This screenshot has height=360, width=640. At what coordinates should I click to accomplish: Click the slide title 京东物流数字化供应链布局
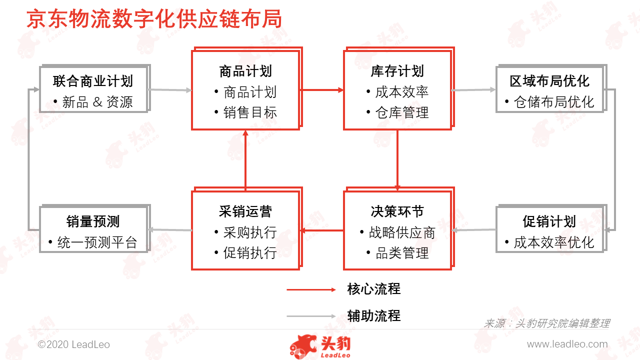[x=154, y=19]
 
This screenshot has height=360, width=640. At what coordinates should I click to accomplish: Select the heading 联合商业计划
[x=93, y=81]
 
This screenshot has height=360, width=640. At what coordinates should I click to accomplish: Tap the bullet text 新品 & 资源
[x=97, y=102]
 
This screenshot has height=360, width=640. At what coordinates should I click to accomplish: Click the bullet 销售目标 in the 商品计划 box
[x=250, y=112]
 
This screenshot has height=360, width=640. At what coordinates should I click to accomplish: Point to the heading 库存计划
[x=397, y=71]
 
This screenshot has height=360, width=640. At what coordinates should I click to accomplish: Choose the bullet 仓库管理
[x=402, y=112]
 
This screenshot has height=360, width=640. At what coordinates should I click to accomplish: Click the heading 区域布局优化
[x=549, y=81]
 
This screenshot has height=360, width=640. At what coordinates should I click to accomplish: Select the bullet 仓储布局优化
[x=554, y=102]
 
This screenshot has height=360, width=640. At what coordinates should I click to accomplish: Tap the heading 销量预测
[x=93, y=221]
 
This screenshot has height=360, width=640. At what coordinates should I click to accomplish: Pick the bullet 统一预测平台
[x=97, y=242]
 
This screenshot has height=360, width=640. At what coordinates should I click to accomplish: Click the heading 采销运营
[x=245, y=211]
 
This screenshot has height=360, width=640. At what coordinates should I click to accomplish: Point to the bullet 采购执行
[x=250, y=232]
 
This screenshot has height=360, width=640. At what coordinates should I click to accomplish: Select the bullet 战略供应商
[x=402, y=232]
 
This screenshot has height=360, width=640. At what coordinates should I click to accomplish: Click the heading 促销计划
[x=549, y=221]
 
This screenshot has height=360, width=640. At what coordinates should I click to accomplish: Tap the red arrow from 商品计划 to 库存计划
[x=322, y=90]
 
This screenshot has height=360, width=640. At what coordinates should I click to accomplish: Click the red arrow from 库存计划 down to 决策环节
[x=397, y=160]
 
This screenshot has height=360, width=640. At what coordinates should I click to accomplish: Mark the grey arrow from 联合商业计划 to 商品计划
[x=170, y=90]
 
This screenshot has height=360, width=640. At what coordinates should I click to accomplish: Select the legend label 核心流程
[x=373, y=289]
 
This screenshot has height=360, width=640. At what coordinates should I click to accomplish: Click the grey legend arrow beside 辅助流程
[x=311, y=316]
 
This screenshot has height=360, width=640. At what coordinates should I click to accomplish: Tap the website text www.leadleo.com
[x=567, y=344]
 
